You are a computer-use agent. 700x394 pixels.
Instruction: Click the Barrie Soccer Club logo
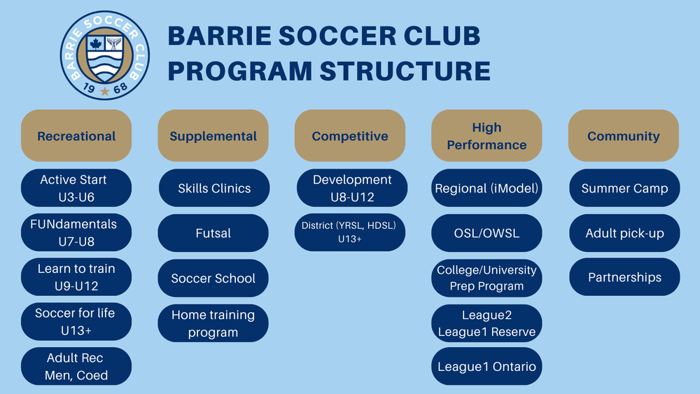pos(105,55)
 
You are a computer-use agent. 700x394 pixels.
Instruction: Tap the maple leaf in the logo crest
pos(96,45)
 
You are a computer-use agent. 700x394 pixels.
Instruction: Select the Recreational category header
pos(76,136)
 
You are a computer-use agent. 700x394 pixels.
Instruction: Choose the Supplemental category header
pos(213,136)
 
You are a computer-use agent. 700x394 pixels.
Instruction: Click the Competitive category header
pos(350,136)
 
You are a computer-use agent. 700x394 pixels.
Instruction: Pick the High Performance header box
pos(486,136)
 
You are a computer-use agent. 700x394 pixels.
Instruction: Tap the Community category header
pos(624,136)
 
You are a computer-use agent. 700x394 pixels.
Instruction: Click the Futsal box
pos(213,233)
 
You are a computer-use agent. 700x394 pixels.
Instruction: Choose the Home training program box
pos(213,323)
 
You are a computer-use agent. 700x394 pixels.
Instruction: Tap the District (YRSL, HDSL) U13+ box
pos(350,233)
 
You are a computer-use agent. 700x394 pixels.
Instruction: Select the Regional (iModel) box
pos(486,188)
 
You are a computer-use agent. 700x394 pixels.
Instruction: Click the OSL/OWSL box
pos(486,233)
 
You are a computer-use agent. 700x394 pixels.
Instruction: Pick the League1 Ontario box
pos(486,367)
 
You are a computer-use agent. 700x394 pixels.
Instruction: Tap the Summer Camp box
pos(624,188)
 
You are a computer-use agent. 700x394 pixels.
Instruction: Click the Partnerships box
pos(624,277)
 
